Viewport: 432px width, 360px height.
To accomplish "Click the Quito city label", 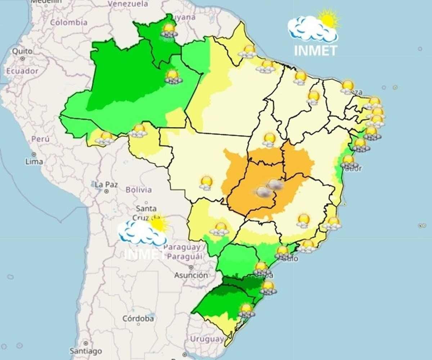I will click(22, 51).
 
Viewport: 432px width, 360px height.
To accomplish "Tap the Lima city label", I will click(34, 161).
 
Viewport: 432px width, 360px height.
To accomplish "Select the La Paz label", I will click(107, 184).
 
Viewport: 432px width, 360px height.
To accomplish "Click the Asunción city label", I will click(191, 275).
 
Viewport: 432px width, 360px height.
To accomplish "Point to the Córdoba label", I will click(138, 318).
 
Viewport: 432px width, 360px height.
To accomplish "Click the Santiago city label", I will click(86, 351).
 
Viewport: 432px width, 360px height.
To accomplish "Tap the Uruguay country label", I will click(207, 339).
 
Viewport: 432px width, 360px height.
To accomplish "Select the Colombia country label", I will click(68, 22).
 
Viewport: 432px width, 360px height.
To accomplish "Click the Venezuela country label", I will click(128, 4).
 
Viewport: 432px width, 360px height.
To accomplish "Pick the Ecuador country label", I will click(22, 71).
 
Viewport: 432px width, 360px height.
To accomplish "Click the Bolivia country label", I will click(139, 190).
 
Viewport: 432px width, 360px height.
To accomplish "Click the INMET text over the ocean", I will click(315, 51).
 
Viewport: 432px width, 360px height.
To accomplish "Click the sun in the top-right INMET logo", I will click(328, 19).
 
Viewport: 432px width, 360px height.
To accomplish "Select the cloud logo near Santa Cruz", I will click(141, 233).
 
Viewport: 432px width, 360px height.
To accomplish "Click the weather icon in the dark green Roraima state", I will click(169, 30).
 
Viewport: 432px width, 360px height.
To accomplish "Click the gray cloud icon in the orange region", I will click(264, 192).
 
